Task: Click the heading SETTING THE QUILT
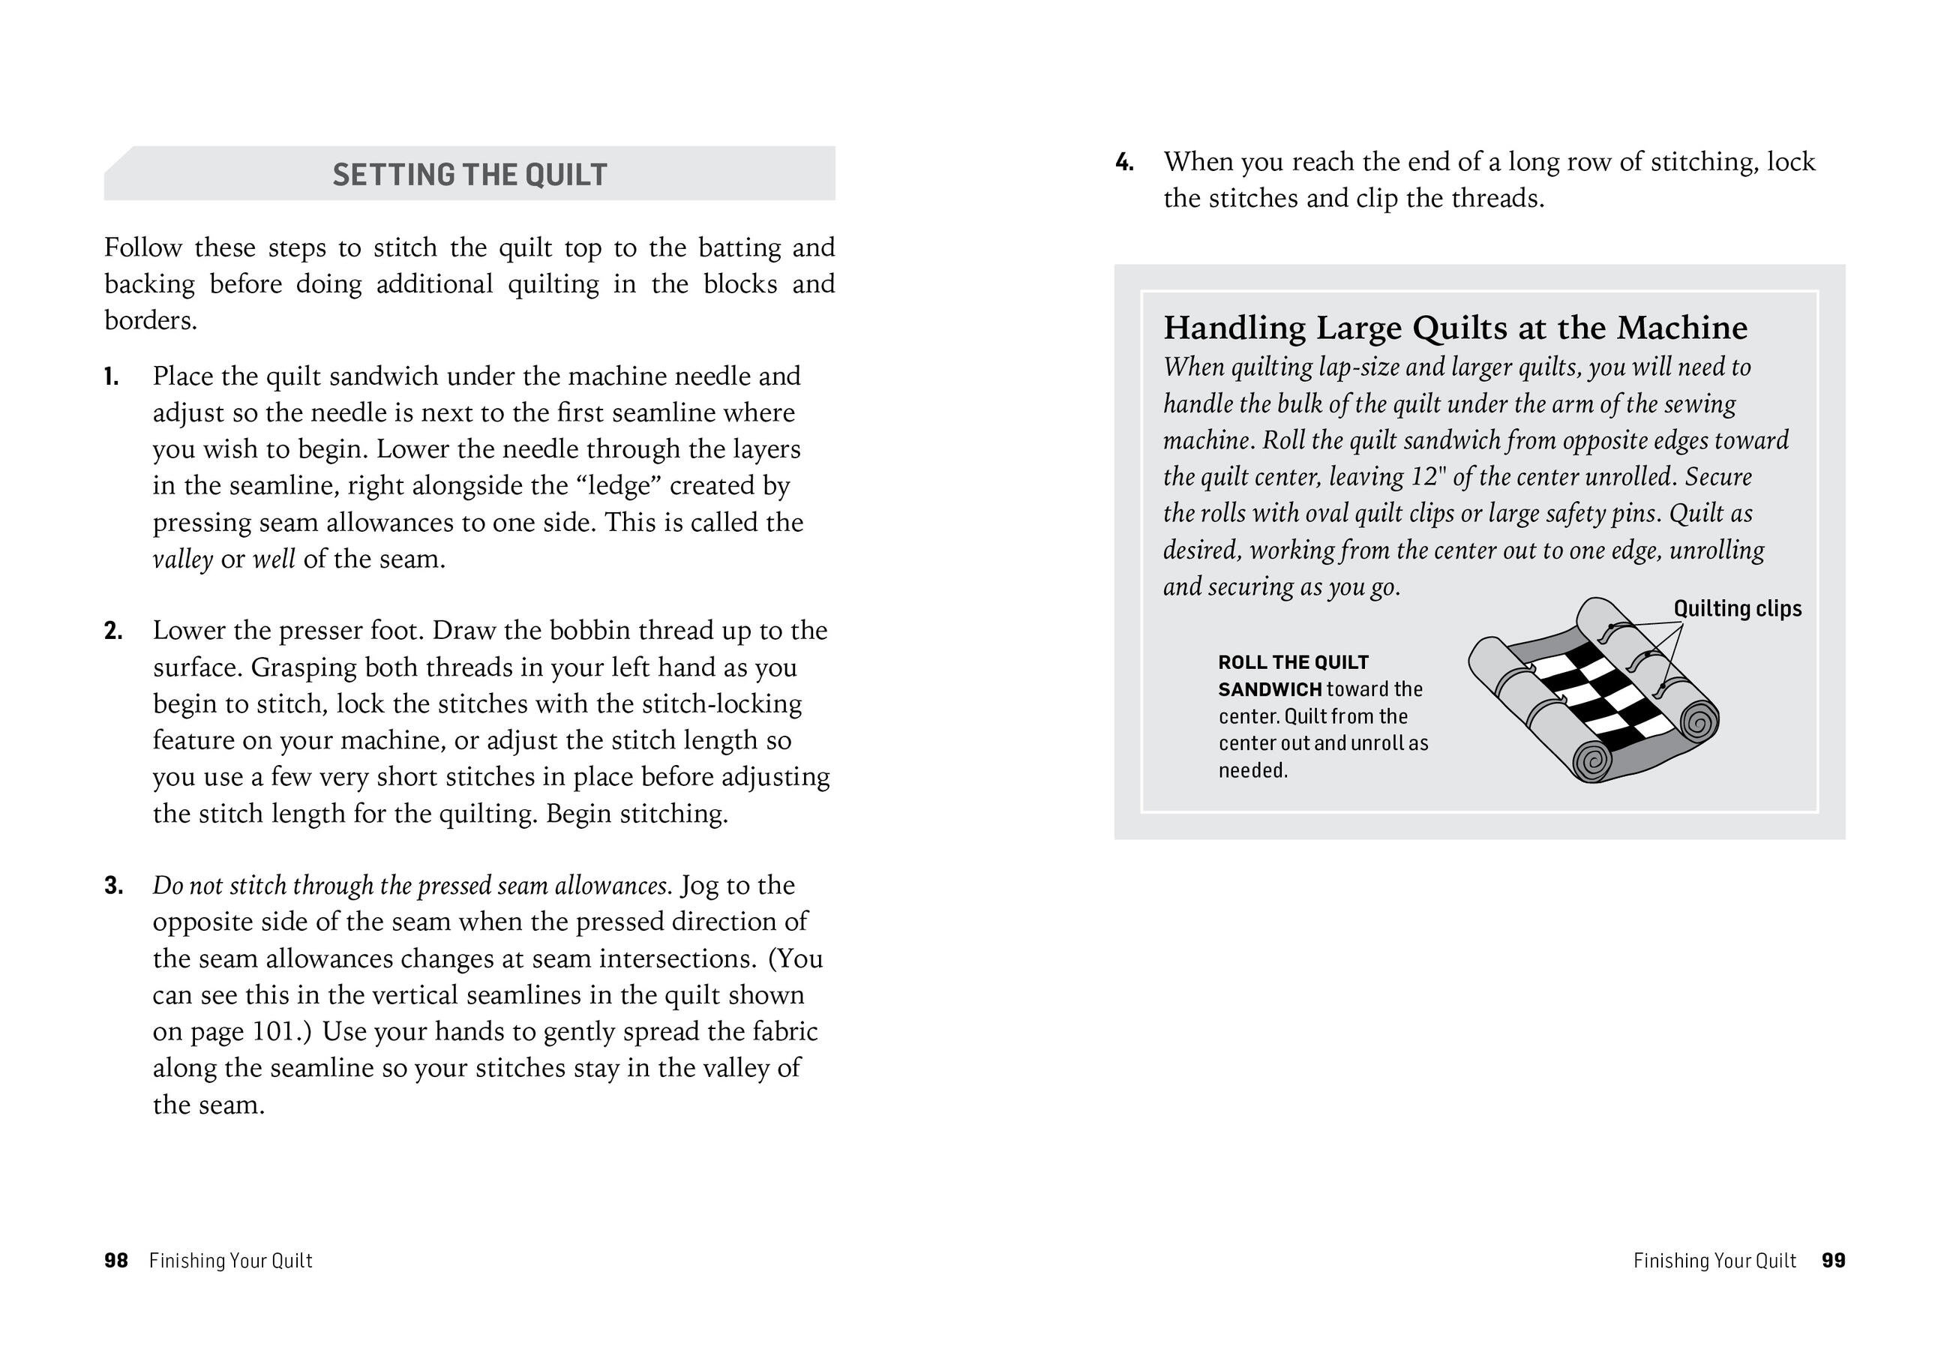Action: pyautogui.click(x=469, y=174)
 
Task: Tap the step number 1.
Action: pyautogui.click(x=111, y=376)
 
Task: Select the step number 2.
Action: pyautogui.click(x=113, y=631)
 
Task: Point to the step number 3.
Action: pyautogui.click(x=113, y=886)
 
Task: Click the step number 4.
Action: pyautogui.click(x=1124, y=162)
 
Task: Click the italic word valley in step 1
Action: pyautogui.click(x=182, y=559)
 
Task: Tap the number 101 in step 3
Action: pyautogui.click(x=274, y=1031)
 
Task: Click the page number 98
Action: pyautogui.click(x=115, y=1261)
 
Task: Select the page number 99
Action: pyautogui.click(x=1834, y=1261)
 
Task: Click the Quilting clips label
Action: pyautogui.click(x=1737, y=608)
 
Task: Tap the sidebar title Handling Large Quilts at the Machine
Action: pyautogui.click(x=1455, y=328)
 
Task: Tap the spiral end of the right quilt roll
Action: pyautogui.click(x=1698, y=723)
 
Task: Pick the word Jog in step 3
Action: pyautogui.click(x=699, y=885)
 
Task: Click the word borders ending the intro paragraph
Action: pyautogui.click(x=149, y=321)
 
